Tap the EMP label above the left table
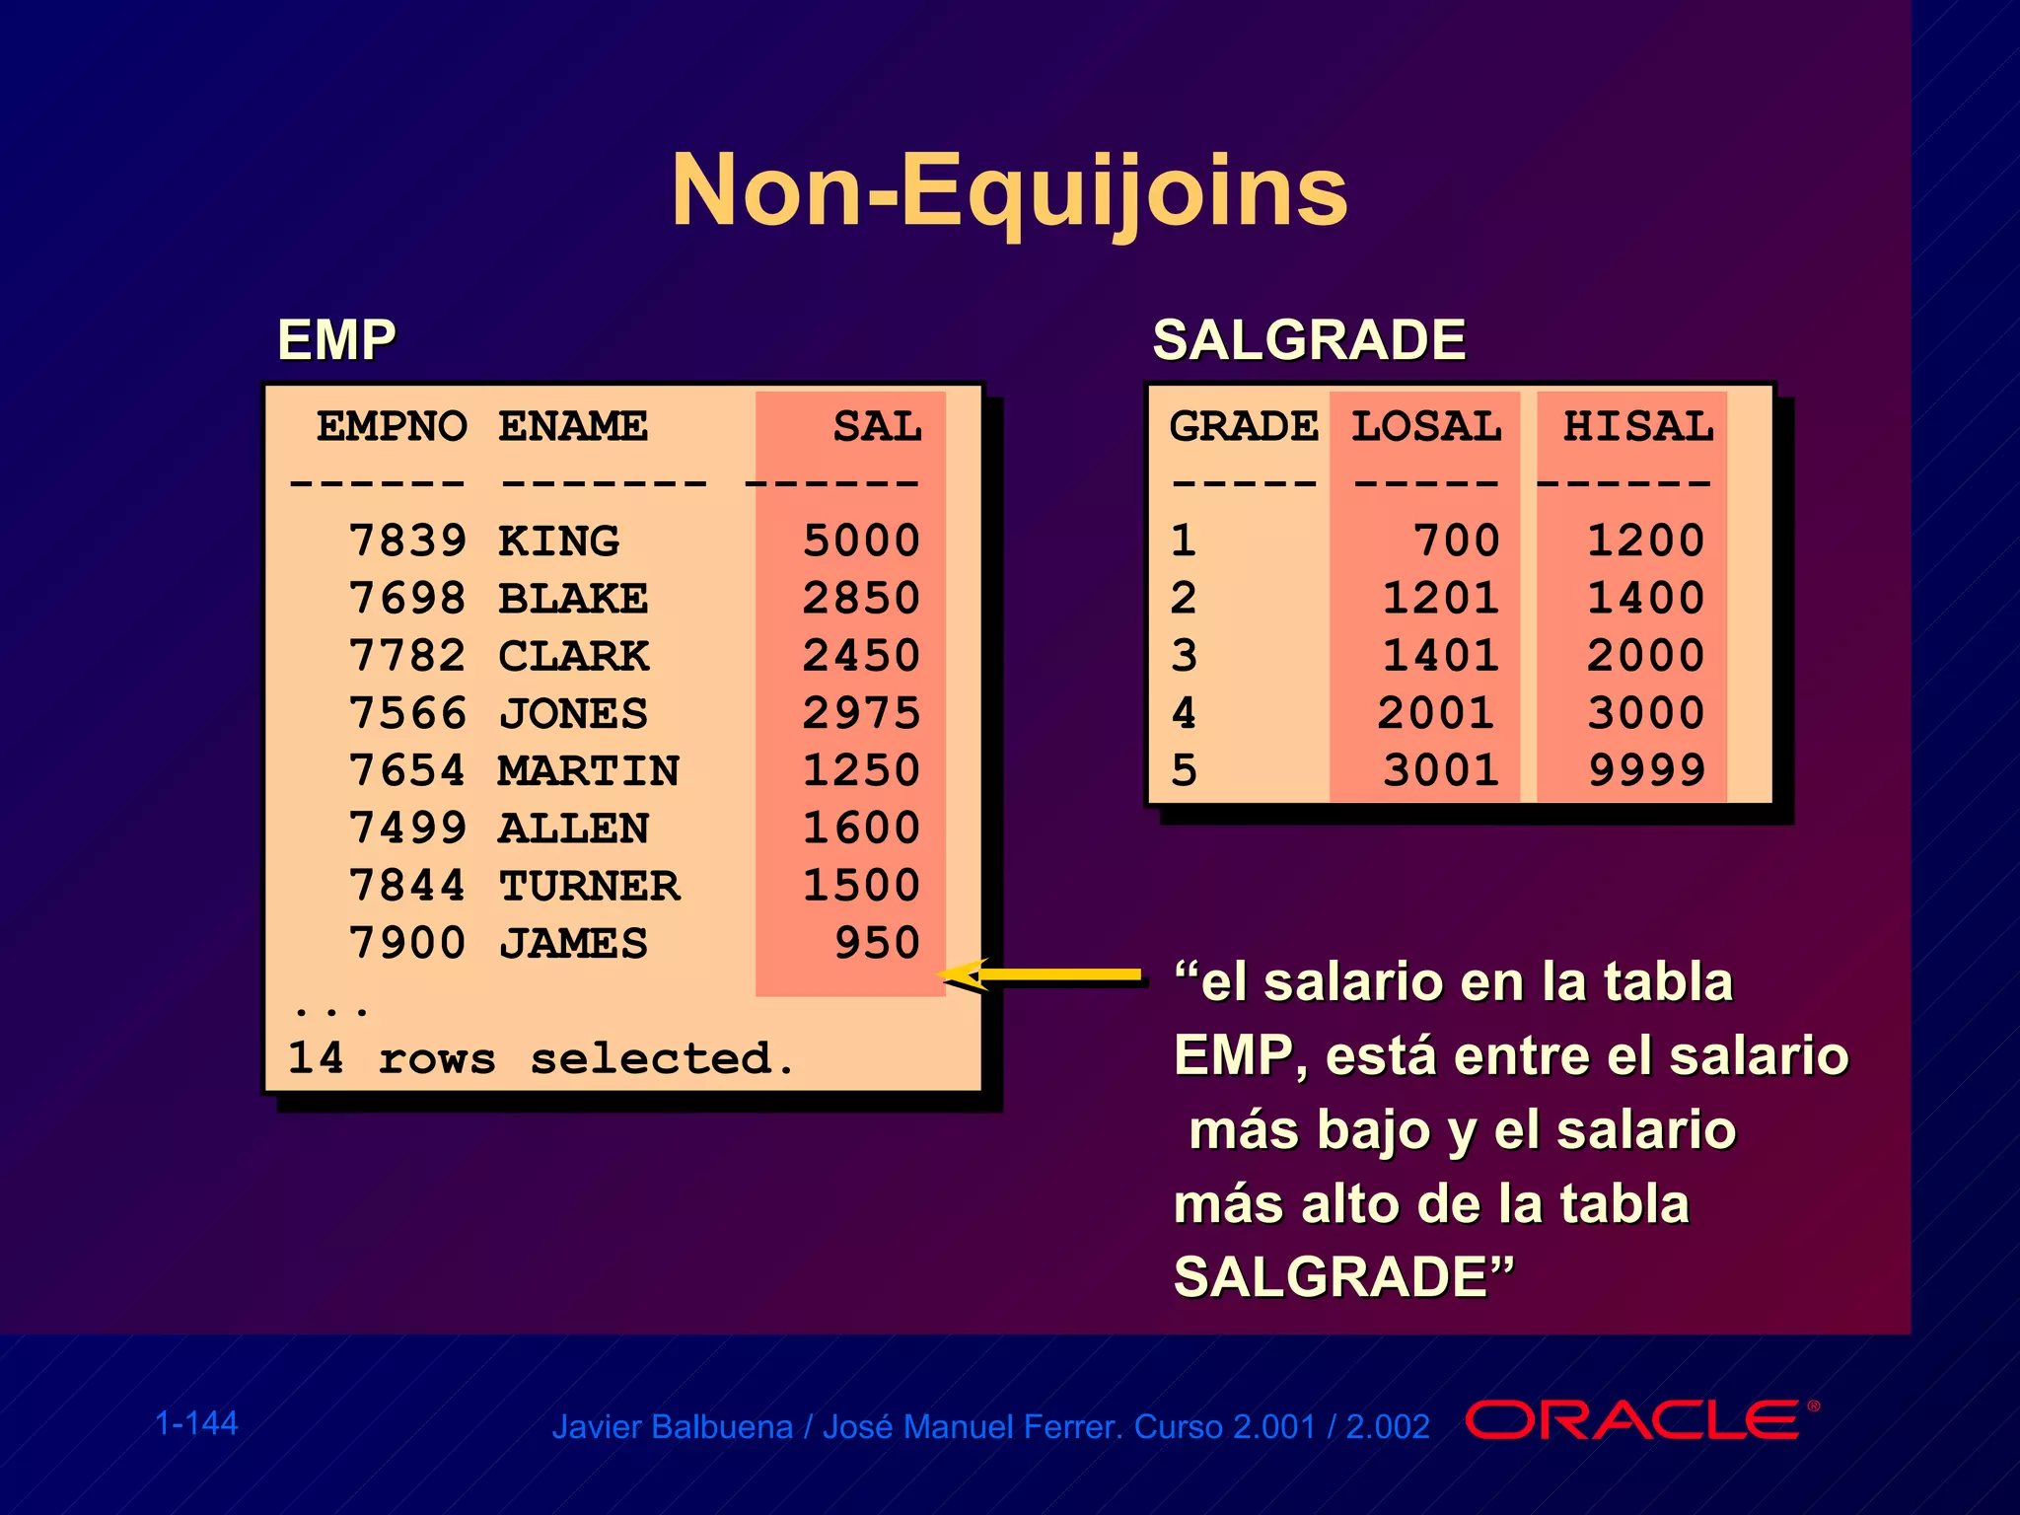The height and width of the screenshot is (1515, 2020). point(336,340)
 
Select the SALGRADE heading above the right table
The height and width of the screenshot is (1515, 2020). point(1309,340)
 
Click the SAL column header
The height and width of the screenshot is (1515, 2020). point(877,427)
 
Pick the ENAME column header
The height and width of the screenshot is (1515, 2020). point(573,427)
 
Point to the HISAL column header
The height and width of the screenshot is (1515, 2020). point(1638,427)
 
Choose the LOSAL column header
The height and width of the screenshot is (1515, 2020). point(1426,427)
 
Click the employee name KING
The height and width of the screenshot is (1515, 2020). point(559,541)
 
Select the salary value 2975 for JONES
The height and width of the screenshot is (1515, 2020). point(861,713)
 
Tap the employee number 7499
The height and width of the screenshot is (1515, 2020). point(407,829)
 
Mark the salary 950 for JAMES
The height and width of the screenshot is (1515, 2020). point(877,944)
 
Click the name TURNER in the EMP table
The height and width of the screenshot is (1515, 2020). point(589,886)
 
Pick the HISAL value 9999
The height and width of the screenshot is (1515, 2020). point(1646,770)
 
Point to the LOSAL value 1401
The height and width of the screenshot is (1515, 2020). point(1441,656)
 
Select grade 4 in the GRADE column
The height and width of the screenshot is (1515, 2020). point(1184,713)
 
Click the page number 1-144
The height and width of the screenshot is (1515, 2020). point(196,1423)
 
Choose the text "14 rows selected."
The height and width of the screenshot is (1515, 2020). point(541,1058)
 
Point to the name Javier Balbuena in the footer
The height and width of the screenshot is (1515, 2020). point(672,1427)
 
